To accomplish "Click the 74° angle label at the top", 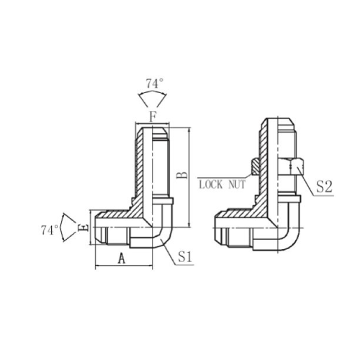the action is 155,84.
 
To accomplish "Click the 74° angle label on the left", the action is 50,230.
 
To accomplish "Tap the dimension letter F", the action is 153,117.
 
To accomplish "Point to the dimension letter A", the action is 122,258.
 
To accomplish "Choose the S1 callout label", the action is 185,257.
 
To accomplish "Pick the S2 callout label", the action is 324,186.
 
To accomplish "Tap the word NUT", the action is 237,184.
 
